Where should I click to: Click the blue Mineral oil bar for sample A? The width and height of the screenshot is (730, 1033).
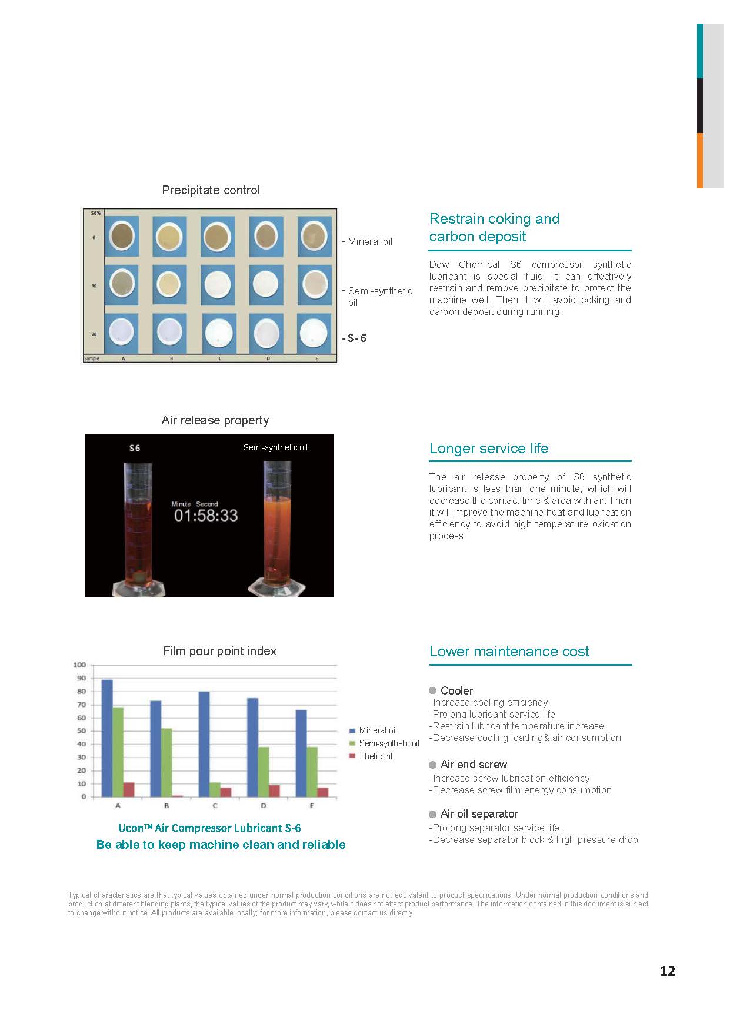point(107,739)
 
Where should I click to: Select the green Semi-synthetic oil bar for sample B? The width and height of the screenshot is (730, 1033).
point(166,763)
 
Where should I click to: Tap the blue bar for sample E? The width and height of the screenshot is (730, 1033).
point(301,753)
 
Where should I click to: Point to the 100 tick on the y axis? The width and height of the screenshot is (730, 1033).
point(79,665)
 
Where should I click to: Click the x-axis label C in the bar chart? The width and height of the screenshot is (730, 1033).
point(215,806)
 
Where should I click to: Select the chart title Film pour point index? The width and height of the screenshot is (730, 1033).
point(219,651)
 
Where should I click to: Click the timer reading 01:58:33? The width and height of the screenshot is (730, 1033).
point(206,516)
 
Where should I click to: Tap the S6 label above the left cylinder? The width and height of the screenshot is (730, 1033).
point(135,448)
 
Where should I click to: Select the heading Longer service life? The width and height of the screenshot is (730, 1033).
point(489,449)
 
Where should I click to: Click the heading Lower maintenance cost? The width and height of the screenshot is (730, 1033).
point(509,652)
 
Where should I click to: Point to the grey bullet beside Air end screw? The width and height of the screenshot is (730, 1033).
point(433,765)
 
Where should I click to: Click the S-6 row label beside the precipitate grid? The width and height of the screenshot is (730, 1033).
point(356,338)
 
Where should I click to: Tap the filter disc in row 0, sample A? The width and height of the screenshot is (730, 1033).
point(122,237)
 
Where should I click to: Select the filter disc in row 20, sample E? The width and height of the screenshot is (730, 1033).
point(314,333)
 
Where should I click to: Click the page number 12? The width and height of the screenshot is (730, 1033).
point(667,971)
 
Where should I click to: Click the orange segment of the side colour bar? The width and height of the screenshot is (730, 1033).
point(700,160)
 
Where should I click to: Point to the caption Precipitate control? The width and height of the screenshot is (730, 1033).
point(211,190)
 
